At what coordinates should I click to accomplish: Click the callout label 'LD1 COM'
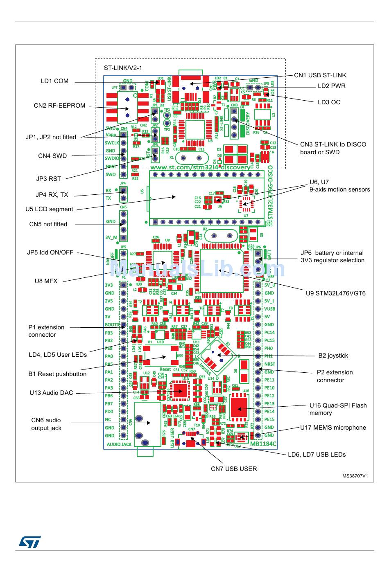pos(54,81)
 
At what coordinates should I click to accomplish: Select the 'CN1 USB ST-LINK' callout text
pos(320,75)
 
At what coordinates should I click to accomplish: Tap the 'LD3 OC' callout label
pos(329,102)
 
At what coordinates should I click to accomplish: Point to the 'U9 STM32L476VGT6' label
pos(335,293)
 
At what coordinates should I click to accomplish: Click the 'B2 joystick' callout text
pos(333,356)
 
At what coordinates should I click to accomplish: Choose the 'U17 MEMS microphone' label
pos(333,428)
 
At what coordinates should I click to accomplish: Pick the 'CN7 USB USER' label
pos(234,469)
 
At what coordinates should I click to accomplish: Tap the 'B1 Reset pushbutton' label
pos(57,374)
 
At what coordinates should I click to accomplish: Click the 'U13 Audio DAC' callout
pos(51,393)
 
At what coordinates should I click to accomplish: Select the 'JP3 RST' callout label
pos(48,179)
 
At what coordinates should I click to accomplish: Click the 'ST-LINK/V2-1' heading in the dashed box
pos(123,68)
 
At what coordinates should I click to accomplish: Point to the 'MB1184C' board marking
pos(263,444)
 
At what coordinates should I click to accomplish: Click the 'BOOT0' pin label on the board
pos(111,325)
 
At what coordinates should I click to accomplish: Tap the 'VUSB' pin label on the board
pos(269,309)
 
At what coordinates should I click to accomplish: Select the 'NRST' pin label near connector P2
pos(269,364)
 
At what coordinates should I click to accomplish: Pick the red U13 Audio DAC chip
pos(179,391)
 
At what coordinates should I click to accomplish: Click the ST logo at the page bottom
pos(29,542)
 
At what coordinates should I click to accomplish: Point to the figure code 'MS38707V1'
pos(355,476)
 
